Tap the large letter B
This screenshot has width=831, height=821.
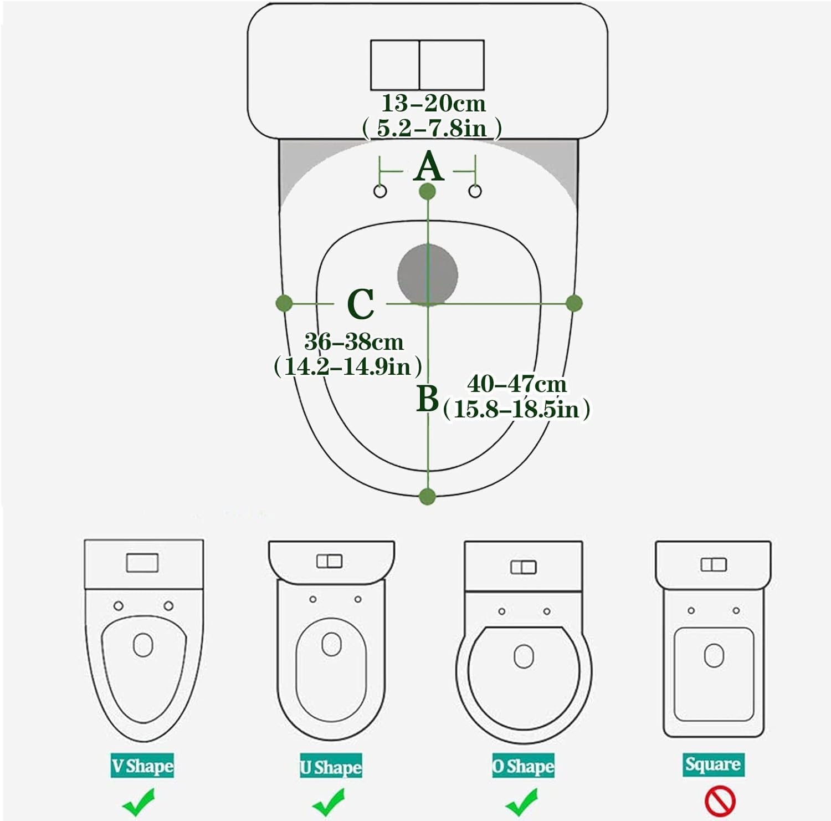[x=427, y=398]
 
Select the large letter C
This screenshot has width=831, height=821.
[x=361, y=304]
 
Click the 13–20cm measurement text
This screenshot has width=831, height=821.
[x=433, y=104]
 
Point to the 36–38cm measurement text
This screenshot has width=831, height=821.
[x=354, y=342]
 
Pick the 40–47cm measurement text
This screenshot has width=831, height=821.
[x=517, y=384]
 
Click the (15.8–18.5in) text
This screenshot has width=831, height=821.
[x=516, y=409]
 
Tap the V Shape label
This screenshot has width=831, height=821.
[x=142, y=766]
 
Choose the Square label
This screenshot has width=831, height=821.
[x=713, y=764]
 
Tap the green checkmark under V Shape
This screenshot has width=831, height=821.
[x=138, y=802]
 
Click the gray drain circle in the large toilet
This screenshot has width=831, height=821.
[x=428, y=274]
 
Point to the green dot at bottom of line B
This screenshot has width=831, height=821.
[x=427, y=496]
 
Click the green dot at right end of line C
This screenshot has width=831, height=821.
[x=574, y=303]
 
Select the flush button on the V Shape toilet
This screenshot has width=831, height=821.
[x=142, y=563]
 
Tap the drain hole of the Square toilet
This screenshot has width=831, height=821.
[x=714, y=655]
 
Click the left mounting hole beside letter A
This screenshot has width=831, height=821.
[x=381, y=191]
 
